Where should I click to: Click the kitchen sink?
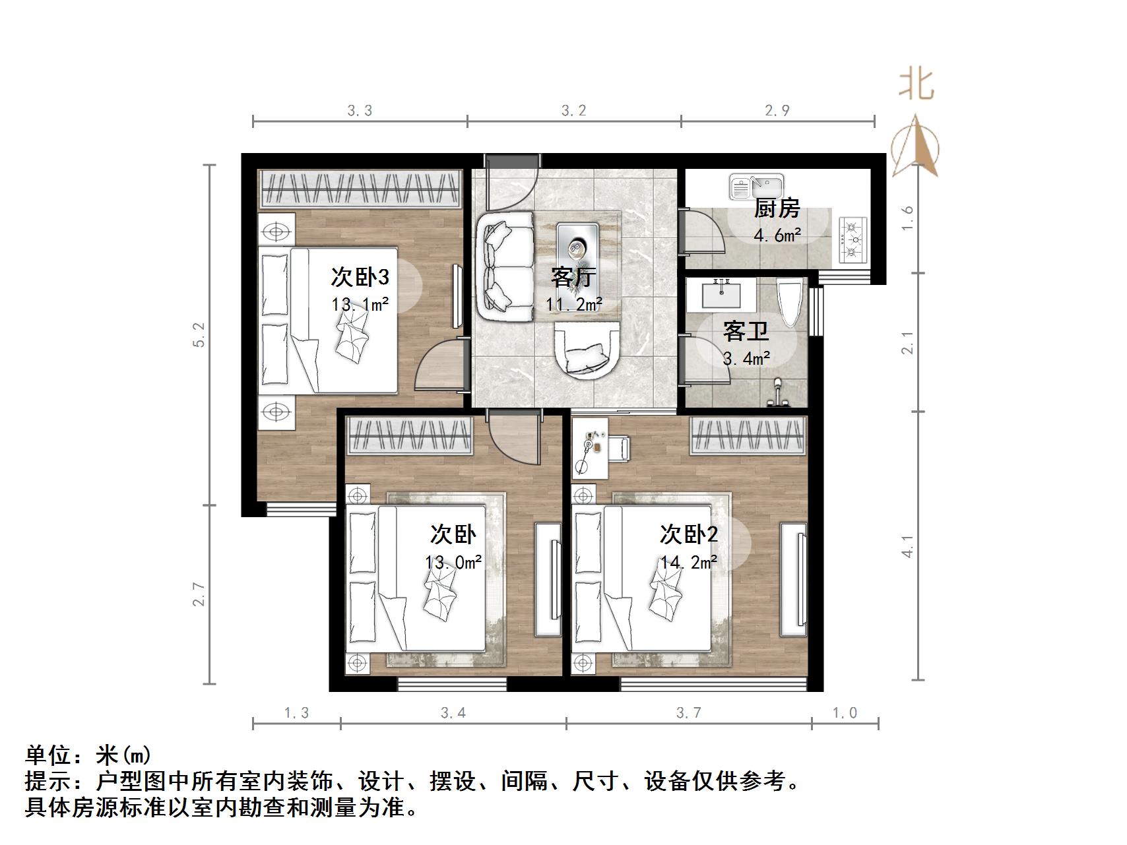click(x=756, y=187)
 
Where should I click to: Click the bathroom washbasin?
click(x=721, y=294)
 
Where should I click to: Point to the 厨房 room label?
click(x=777, y=208)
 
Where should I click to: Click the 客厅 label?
click(x=573, y=277)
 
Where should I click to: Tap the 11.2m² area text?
click(x=573, y=304)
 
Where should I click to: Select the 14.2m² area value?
click(x=689, y=562)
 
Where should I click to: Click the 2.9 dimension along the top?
click(x=777, y=110)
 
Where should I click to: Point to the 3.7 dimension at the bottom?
click(x=688, y=713)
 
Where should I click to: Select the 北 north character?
click(x=917, y=84)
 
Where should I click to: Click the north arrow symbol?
click(x=915, y=147)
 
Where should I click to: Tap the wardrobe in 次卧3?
click(x=360, y=189)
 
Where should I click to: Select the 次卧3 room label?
click(x=360, y=277)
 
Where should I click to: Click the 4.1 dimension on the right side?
click(x=909, y=546)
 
